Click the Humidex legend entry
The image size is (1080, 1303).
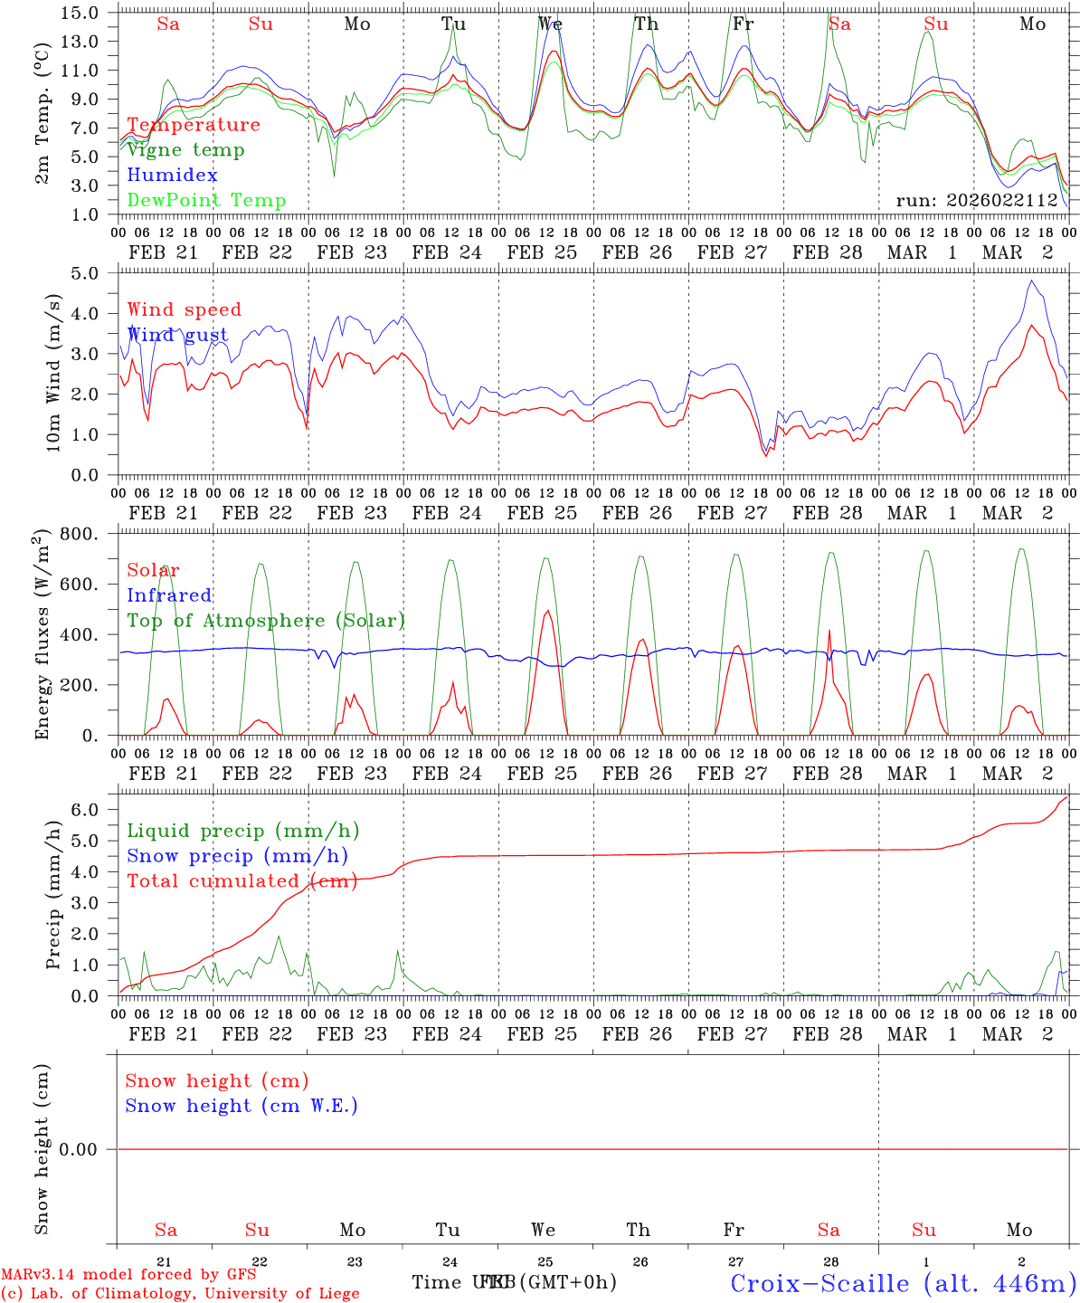(172, 176)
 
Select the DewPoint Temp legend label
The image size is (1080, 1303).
(206, 201)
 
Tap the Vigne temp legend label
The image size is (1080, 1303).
(185, 150)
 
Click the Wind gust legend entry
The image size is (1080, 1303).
(177, 335)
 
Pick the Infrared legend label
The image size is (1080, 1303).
(169, 595)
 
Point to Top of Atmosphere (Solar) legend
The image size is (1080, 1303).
(266, 621)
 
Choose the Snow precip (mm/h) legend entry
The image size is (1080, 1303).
(237, 856)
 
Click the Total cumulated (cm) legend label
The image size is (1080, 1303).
(242, 881)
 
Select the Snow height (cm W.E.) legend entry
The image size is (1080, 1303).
(242, 1106)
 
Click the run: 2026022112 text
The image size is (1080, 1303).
(977, 201)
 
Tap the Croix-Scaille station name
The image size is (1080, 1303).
(903, 1283)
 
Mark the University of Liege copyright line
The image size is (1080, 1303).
(180, 1294)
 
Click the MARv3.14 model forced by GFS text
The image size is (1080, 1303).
(128, 1275)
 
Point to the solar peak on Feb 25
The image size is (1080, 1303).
(547, 611)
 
